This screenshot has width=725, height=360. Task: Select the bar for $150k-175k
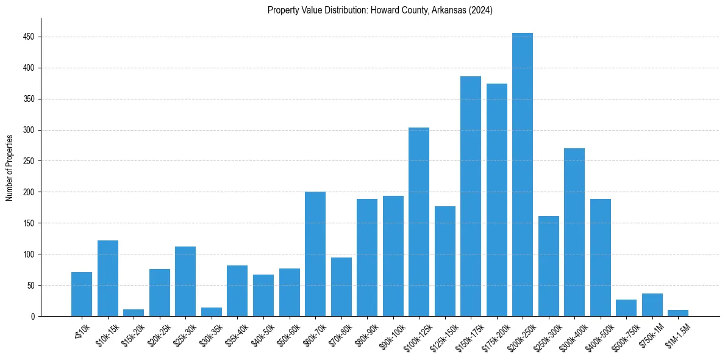[x=470, y=196]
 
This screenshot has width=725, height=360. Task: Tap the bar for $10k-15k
[x=108, y=278]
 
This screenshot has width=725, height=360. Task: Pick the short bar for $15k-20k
[x=134, y=312]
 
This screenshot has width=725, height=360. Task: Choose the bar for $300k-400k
[x=574, y=232]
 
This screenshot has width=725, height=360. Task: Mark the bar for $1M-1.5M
[x=677, y=313]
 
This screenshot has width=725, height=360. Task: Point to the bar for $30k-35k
[x=212, y=312]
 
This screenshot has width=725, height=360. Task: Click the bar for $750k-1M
[x=652, y=304]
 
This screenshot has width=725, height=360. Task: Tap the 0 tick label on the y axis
[x=34, y=317]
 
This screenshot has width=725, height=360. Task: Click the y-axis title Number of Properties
[x=9, y=167]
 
